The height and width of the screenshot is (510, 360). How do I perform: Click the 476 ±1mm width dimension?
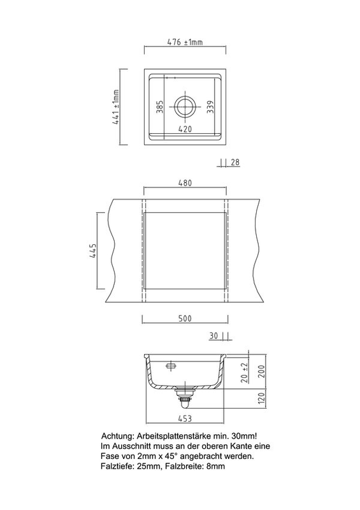pyautogui.click(x=185, y=42)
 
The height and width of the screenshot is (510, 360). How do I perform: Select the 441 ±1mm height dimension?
pyautogui.click(x=116, y=107)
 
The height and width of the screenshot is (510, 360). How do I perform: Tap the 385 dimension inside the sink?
pyautogui.click(x=159, y=107)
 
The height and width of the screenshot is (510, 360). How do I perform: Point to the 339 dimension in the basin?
pyautogui.click(x=210, y=107)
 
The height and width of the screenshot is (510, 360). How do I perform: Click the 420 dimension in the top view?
pyautogui.click(x=185, y=129)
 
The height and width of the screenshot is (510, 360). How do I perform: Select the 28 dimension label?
pyautogui.click(x=235, y=162)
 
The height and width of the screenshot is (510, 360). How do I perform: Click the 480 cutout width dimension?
pyautogui.click(x=185, y=183)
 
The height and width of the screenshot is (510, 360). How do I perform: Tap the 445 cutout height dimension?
pyautogui.click(x=92, y=251)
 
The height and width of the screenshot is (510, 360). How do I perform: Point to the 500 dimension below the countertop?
pyautogui.click(x=185, y=318)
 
